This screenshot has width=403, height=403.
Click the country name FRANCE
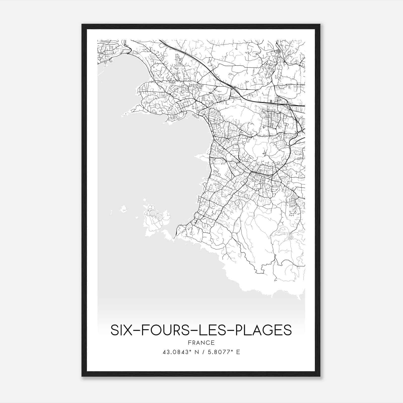point(201,343)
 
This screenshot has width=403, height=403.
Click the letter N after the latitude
point(195,352)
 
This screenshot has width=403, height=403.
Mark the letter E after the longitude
point(238,352)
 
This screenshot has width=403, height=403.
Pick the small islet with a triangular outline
point(124,209)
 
